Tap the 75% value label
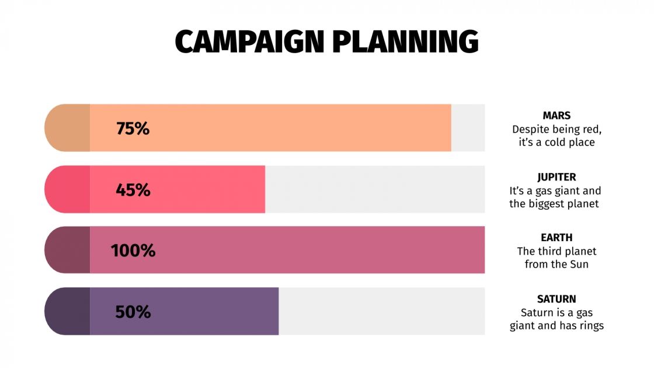[133, 129]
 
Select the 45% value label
[133, 190]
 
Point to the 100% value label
[133, 251]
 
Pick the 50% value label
[133, 312]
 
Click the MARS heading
[556, 116]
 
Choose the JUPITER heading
[556, 177]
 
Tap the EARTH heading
[556, 238]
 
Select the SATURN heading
[556, 299]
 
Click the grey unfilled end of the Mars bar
[468, 128]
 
